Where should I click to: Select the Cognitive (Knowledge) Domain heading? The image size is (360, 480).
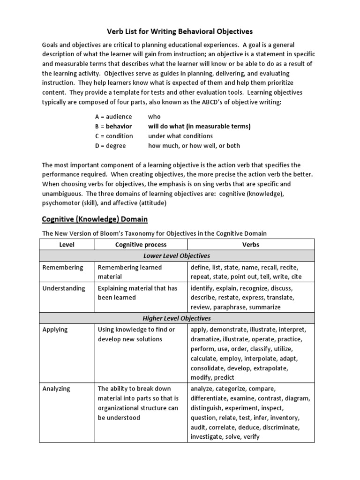pos(95,219)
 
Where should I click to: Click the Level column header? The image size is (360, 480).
pos(67,245)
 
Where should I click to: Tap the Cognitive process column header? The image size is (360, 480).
pos(141,245)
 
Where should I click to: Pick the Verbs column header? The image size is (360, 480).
pos(251,245)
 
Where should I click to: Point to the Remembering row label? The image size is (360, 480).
pos(63,267)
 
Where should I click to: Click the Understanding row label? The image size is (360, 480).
pos(64,288)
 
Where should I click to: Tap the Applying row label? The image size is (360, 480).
pos(55,330)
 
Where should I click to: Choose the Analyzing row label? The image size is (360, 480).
pos(56,389)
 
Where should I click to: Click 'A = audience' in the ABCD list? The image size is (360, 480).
pos(113,116)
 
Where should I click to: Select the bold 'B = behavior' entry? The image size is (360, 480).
pos(113,126)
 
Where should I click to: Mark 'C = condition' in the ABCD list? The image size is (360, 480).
pos(114,136)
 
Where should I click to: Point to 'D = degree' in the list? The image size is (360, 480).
pos(112,146)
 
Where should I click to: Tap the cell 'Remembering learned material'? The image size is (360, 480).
pos(129,272)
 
